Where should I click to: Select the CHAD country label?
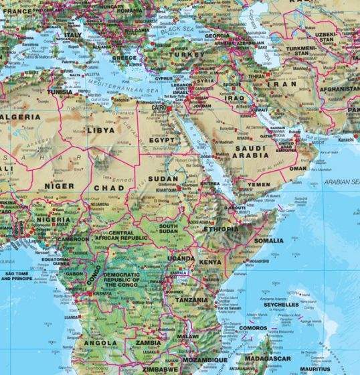(109, 189)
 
